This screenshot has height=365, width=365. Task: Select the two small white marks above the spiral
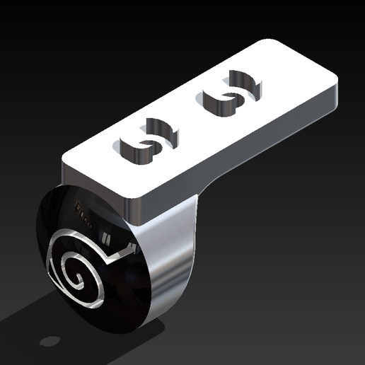108,234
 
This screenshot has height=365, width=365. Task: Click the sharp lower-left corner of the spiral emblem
50,277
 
